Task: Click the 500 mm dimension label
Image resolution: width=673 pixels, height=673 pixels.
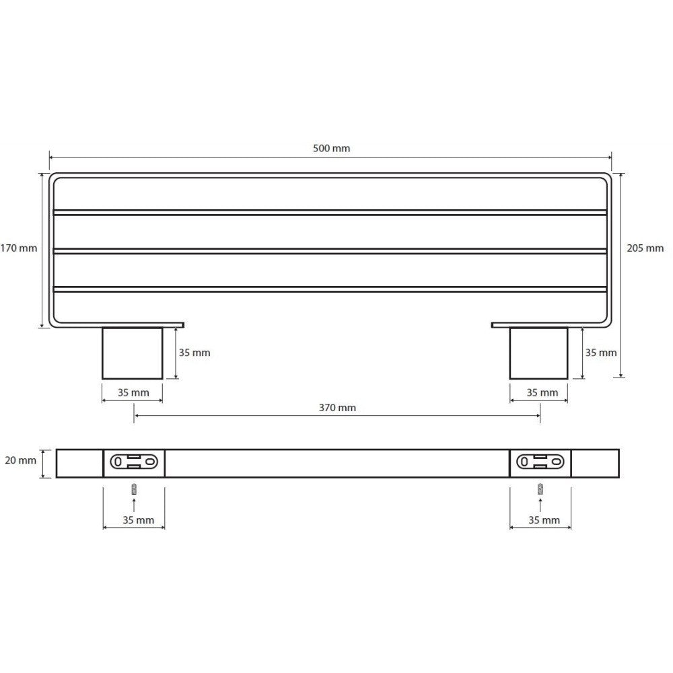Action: (x=331, y=149)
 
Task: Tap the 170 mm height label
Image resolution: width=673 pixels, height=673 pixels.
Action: (x=19, y=248)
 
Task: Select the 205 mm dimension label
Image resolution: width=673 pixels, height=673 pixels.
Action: (x=645, y=248)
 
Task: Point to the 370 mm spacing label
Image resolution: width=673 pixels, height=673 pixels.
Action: (x=337, y=408)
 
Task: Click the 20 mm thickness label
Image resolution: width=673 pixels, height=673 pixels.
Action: (x=21, y=460)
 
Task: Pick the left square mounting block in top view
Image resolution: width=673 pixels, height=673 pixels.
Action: (x=132, y=353)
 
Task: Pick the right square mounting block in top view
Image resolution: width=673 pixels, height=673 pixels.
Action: (x=538, y=353)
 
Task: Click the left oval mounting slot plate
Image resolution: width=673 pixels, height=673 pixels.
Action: (x=134, y=462)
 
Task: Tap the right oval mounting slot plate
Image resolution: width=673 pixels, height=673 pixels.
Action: (x=540, y=462)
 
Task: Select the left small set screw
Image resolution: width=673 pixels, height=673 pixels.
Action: (x=134, y=489)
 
